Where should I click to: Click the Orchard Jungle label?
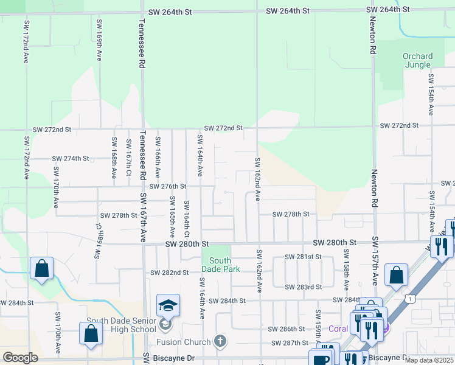click(417, 61)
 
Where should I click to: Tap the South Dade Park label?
click(220, 265)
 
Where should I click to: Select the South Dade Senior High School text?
click(121, 325)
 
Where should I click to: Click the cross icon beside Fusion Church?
click(220, 342)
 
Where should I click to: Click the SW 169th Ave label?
click(99, 39)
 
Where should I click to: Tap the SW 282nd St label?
click(169, 273)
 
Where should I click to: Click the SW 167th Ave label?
click(144, 218)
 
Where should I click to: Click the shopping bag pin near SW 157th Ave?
click(397, 275)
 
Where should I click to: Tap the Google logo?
click(20, 358)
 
